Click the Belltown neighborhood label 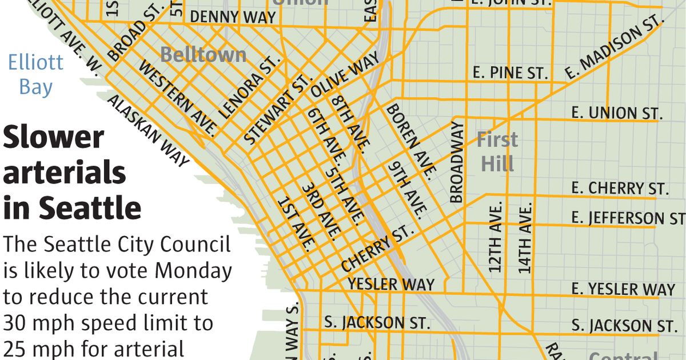203,55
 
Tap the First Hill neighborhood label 497,151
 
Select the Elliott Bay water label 35,75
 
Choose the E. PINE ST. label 510,73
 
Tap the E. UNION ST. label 617,113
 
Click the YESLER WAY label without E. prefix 391,284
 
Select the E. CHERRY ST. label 620,188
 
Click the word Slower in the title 54,138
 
